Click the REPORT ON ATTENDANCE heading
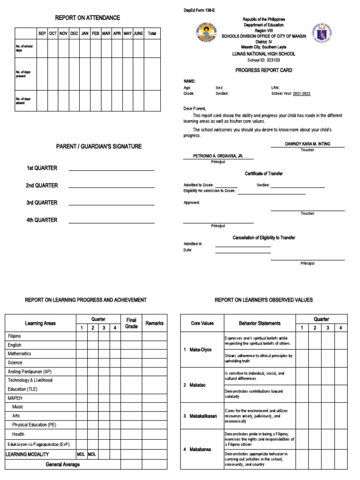click(x=88, y=18)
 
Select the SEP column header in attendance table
click(x=42, y=34)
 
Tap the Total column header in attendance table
click(x=152, y=34)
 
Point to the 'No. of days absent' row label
click(x=24, y=101)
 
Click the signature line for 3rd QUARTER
click(x=112, y=205)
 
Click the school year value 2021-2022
click(x=301, y=94)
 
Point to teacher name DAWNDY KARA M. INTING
click(x=307, y=144)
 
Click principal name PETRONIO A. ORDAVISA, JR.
click(x=218, y=156)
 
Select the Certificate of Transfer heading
click(x=263, y=174)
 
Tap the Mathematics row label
click(x=20, y=354)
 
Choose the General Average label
click(x=62, y=465)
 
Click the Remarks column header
click(x=154, y=323)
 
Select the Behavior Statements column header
click(x=260, y=323)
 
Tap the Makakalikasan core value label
click(x=203, y=416)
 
